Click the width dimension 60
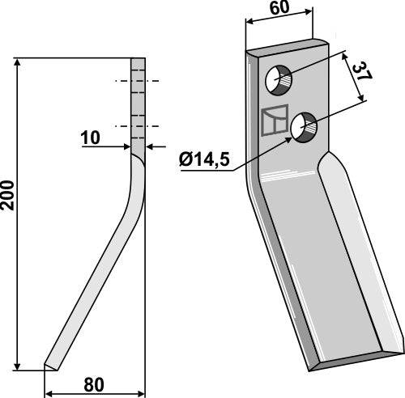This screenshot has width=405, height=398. (278, 10)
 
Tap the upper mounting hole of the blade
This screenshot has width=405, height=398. (279, 80)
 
